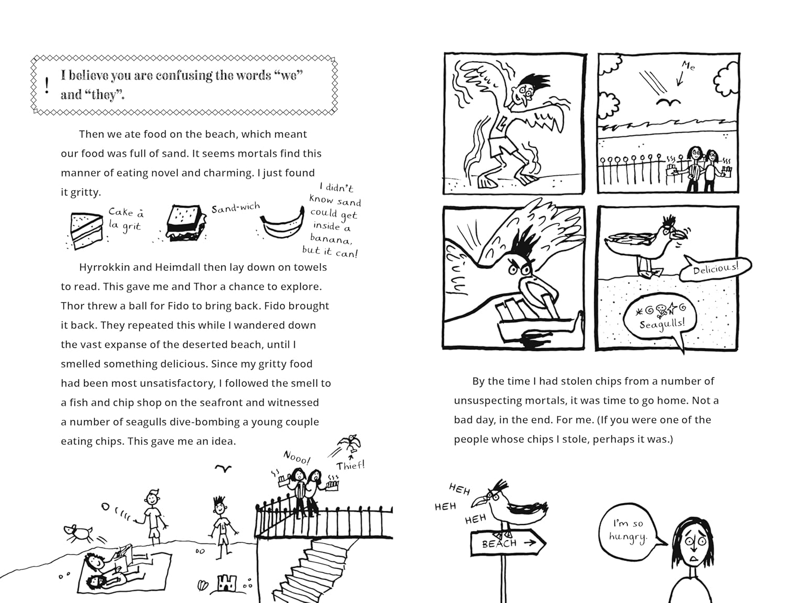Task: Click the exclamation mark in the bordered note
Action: pos(47,85)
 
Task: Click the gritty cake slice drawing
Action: pos(86,229)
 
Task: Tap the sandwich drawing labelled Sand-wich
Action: pos(184,223)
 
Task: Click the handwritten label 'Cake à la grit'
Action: pos(126,219)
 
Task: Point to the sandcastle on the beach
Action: pos(226,583)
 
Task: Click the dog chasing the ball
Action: pos(78,533)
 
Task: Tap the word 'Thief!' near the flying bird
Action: pos(350,465)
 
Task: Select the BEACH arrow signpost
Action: pos(507,543)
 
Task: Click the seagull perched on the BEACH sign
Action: pos(511,508)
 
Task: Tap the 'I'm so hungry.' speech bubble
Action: pos(629,530)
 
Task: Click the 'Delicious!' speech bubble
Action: pos(715,268)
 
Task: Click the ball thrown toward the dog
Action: pos(105,507)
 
